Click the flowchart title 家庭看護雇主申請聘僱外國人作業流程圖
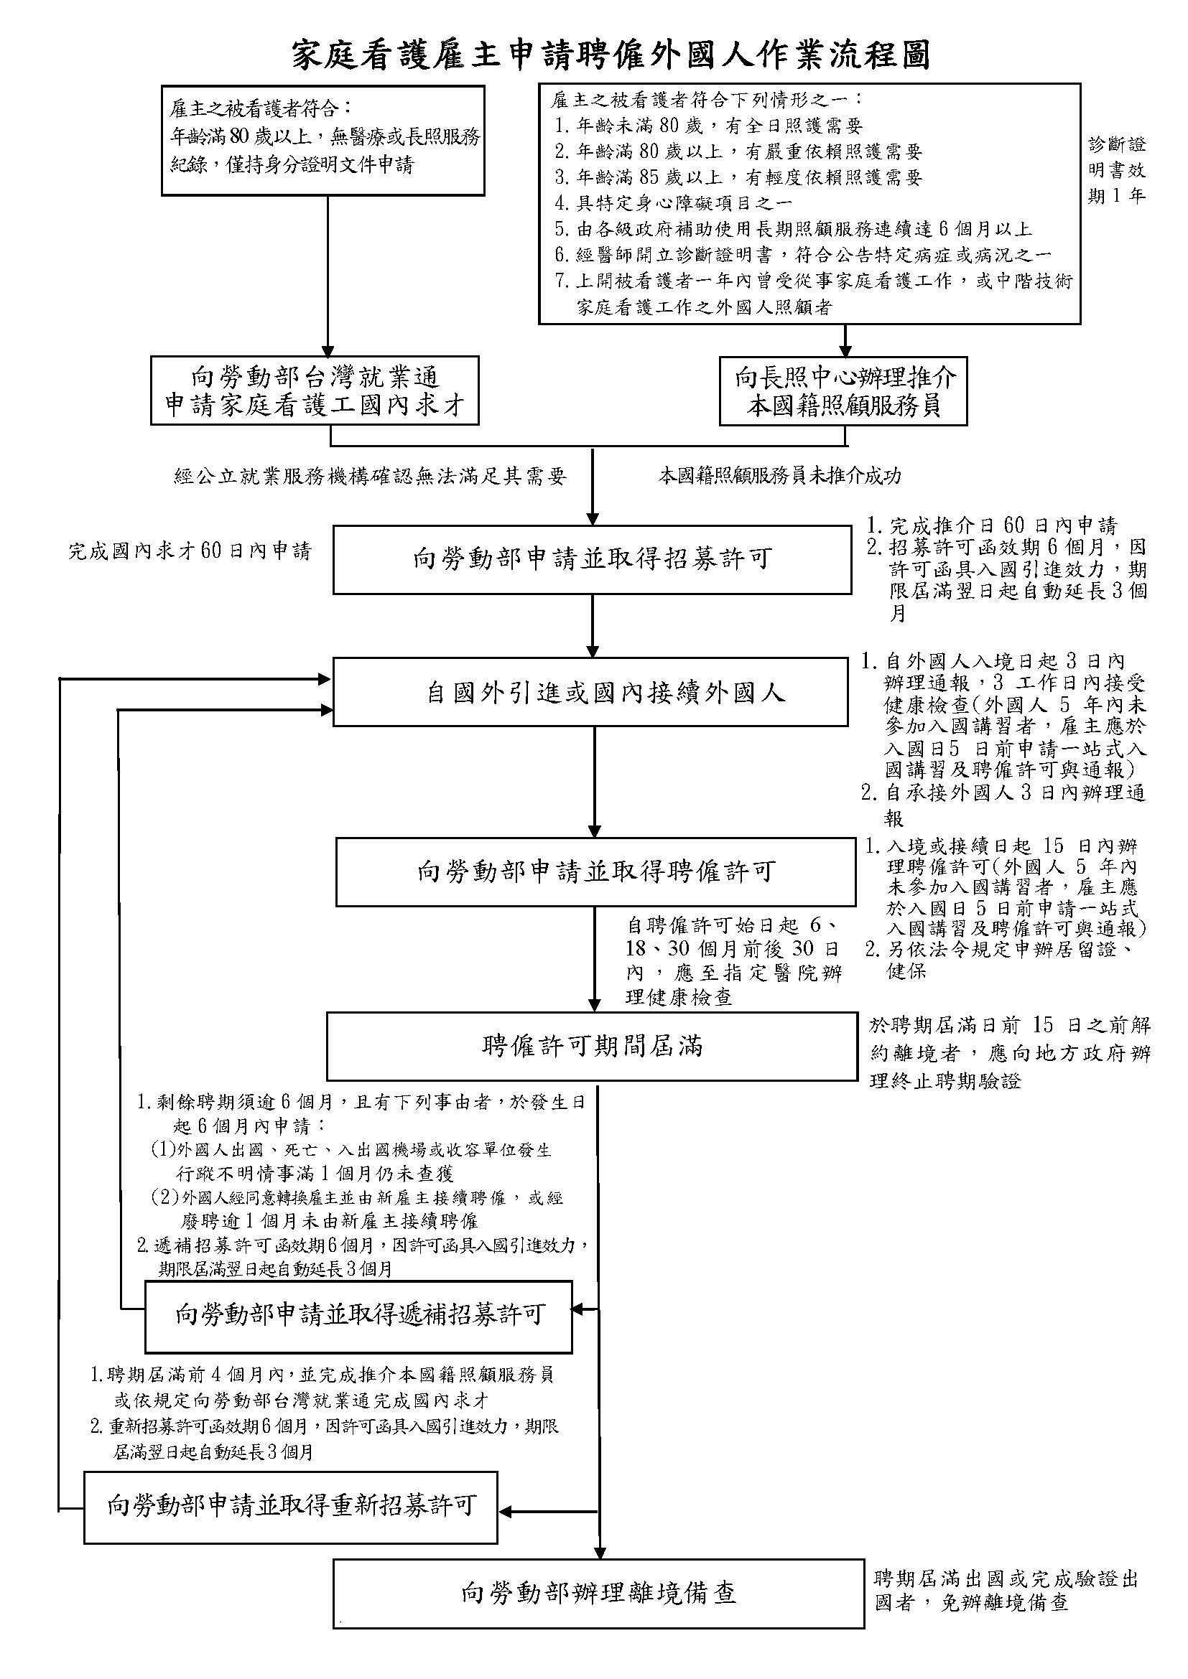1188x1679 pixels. click(611, 55)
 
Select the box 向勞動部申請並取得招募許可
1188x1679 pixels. click(592, 559)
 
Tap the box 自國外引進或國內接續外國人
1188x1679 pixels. click(590, 692)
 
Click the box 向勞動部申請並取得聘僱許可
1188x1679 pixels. click(595, 871)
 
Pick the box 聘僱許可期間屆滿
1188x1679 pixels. click(592, 1046)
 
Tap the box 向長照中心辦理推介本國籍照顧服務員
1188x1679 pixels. click(843, 391)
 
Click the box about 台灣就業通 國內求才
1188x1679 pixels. click(315, 391)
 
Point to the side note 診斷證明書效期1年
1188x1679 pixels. click(1116, 169)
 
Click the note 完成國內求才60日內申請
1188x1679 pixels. click(190, 551)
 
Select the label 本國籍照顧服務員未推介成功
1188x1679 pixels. click(780, 477)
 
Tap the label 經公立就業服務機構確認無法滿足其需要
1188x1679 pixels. click(370, 477)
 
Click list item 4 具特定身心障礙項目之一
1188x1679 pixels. click(674, 202)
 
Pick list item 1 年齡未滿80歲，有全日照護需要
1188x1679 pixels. click(709, 126)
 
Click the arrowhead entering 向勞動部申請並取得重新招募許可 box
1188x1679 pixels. click(506, 1512)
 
